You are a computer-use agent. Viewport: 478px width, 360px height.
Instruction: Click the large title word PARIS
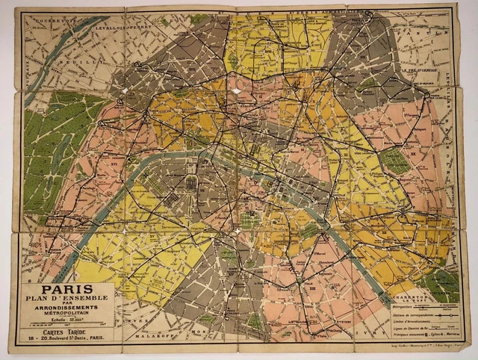click(66, 288)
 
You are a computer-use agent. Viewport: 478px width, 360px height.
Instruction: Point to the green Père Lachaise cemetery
click(394, 161)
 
